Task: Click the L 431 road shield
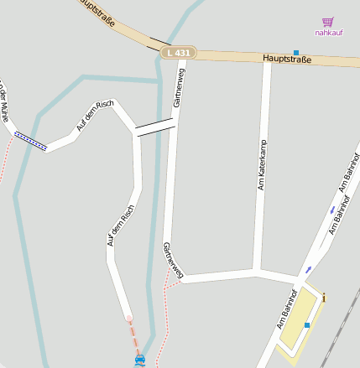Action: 178,53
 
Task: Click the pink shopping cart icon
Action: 327,23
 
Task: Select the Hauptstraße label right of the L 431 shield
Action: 286,59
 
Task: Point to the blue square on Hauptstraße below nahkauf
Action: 296,52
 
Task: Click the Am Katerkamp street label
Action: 261,165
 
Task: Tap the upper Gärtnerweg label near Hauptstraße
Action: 178,87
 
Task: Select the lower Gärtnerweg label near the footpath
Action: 173,259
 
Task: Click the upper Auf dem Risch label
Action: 94,114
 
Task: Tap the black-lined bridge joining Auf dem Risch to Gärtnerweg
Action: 155,127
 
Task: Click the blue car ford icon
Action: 139,360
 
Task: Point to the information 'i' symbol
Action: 324,297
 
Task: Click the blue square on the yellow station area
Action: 307,325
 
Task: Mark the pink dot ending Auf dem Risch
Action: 128,318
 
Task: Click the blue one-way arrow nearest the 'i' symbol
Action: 309,270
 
